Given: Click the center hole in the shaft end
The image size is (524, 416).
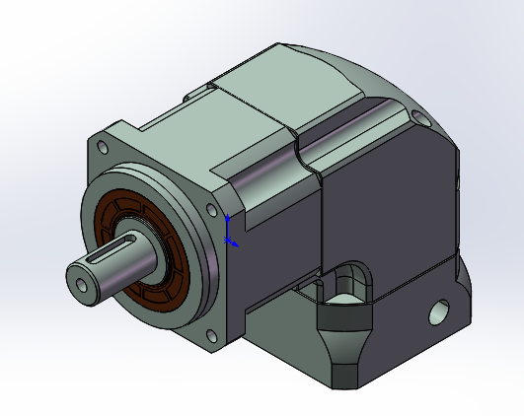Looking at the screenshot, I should click(80, 284).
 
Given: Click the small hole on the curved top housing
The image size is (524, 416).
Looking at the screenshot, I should click(421, 119).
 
